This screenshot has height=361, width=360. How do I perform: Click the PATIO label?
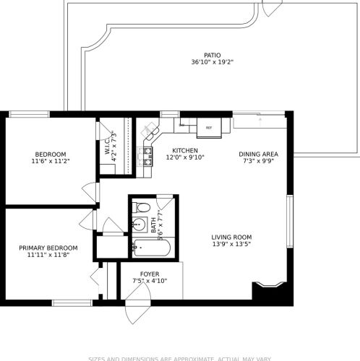[212, 54]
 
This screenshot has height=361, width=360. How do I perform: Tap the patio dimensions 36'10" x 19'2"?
[212, 62]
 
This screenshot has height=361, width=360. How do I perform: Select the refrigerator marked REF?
[209, 126]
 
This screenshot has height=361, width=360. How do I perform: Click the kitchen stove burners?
[147, 152]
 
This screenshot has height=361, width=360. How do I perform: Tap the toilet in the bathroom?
[142, 209]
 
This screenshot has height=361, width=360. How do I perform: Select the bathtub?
[151, 249]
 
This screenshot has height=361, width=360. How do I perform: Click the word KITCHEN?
[185, 149]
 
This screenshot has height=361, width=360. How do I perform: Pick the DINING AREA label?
[258, 154]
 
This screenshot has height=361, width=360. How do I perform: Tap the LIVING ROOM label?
[231, 237]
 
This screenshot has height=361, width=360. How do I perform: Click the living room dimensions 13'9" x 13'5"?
[231, 244]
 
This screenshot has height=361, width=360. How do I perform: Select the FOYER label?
[150, 274]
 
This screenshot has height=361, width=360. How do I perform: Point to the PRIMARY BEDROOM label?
[48, 248]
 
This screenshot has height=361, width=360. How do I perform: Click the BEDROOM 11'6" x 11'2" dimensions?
[51, 161]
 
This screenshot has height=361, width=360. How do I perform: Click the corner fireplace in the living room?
[269, 290]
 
